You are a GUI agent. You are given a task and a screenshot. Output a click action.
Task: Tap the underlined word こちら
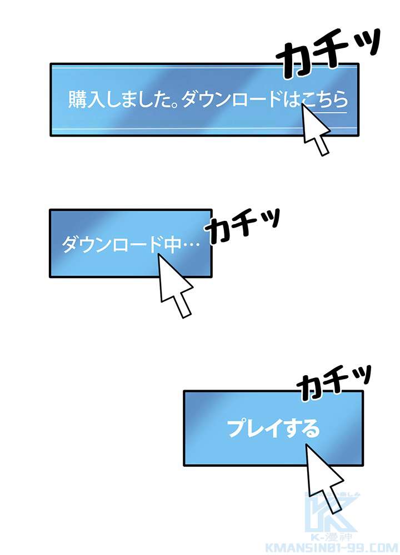coord(324,99)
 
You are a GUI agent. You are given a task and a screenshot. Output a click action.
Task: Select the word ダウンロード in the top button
coord(232,99)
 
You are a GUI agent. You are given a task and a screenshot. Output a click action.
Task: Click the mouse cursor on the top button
coord(316,130)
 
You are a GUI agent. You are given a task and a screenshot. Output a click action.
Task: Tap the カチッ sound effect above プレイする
coord(334,382)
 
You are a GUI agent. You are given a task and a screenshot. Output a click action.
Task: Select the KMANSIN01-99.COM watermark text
coord(331,548)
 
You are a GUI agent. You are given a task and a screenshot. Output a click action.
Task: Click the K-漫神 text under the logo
coord(332,537)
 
